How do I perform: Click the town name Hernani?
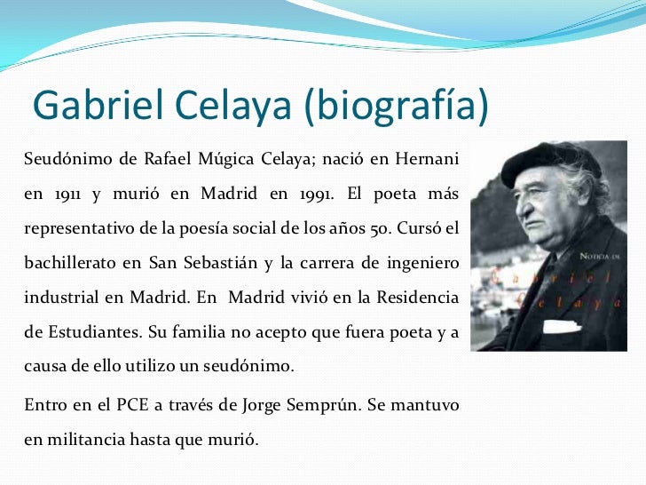[428, 160]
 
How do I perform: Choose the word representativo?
[78, 227]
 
